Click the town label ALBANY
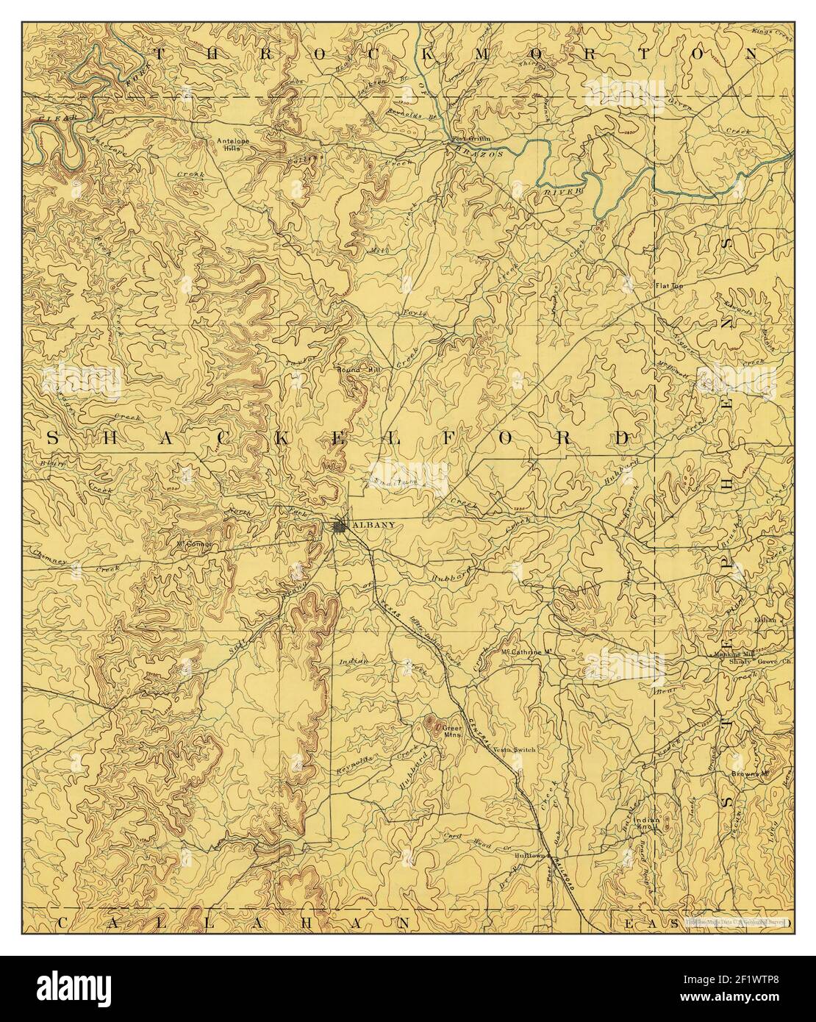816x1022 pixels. click(374, 525)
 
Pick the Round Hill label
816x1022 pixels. click(357, 369)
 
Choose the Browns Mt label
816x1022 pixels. click(748, 774)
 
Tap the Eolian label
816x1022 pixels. click(765, 621)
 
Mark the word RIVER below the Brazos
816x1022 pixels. click(556, 190)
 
